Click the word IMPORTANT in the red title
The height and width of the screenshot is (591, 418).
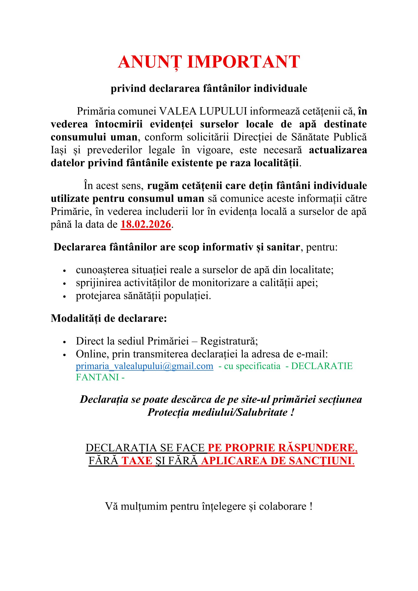(243, 62)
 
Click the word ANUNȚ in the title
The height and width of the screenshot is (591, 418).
(150, 62)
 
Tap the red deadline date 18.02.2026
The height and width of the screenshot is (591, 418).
(146, 224)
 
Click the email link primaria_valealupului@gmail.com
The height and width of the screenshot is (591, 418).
(144, 366)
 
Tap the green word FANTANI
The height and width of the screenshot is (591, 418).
(97, 377)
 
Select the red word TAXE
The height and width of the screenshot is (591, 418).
(137, 461)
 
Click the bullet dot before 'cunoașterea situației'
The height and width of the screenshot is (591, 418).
(65, 271)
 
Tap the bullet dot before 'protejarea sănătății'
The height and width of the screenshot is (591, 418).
(65, 297)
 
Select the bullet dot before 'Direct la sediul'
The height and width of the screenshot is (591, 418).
(65, 342)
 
